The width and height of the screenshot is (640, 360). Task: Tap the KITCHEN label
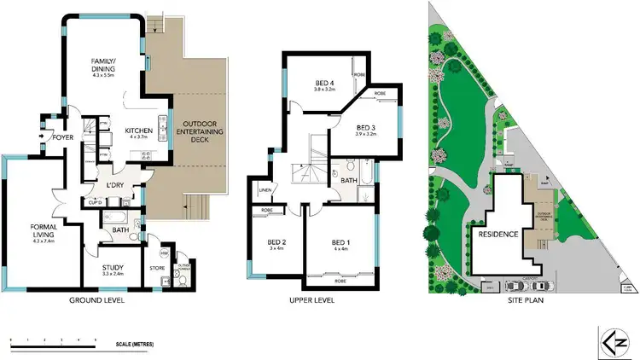click(x=138, y=130)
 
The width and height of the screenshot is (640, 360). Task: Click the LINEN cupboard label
click(x=265, y=190)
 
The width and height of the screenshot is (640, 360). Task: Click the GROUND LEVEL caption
click(x=97, y=301)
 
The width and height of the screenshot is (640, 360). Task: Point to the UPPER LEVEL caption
click(x=311, y=301)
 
